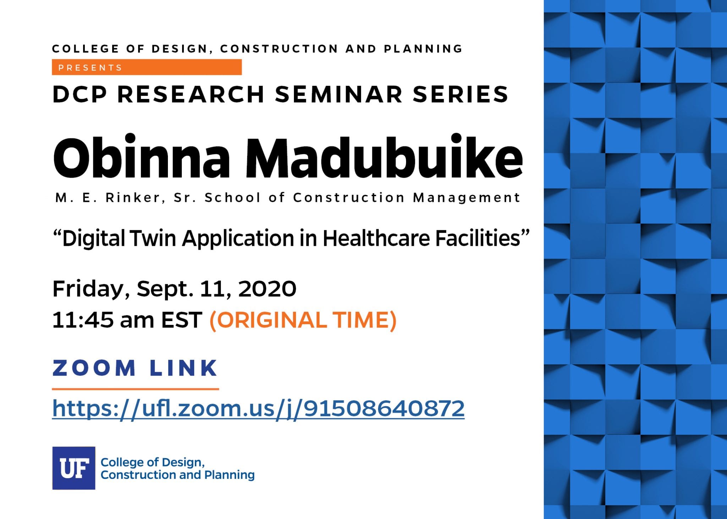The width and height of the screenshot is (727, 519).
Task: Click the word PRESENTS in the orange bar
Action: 90,68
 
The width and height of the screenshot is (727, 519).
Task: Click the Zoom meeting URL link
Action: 258,409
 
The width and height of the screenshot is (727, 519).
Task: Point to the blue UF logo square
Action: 74,468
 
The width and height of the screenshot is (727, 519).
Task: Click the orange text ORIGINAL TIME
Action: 303,320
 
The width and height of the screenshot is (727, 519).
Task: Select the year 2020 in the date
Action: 267,289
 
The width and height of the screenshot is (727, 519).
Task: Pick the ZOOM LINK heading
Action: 135,368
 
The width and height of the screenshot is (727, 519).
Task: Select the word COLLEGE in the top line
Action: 85,49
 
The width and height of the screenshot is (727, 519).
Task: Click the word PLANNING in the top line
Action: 423,49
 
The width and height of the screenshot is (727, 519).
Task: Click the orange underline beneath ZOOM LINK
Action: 135,389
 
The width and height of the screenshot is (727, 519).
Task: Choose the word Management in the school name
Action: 466,198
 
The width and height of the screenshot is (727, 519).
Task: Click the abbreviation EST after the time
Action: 182,320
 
